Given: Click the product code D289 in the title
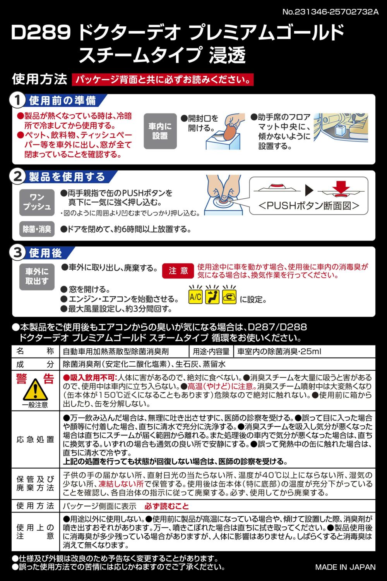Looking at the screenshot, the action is pyautogui.click(x=41, y=33).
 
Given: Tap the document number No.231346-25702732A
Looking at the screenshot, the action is pyautogui.click(x=330, y=12).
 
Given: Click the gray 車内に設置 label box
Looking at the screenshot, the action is pyautogui.click(x=160, y=131).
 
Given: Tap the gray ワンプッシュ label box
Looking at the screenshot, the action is pyautogui.click(x=37, y=202).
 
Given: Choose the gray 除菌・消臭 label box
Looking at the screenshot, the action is pyautogui.click(x=37, y=229).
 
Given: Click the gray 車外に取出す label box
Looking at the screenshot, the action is pyautogui.click(x=37, y=277).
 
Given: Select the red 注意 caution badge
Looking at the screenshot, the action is pyautogui.click(x=178, y=271).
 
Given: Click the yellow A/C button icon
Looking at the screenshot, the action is pyautogui.click(x=195, y=296).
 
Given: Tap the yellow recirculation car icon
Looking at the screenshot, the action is pyautogui.click(x=229, y=296).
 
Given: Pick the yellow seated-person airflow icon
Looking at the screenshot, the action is pyautogui.click(x=212, y=296).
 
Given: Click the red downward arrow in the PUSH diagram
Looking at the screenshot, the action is pyautogui.click(x=341, y=187).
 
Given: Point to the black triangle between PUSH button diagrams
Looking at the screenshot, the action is pyautogui.click(x=309, y=191).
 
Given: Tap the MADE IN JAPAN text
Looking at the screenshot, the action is pyautogui.click(x=345, y=567).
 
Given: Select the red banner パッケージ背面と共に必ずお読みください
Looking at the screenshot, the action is pyautogui.click(x=163, y=79).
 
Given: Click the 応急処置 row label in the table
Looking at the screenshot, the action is pyautogui.click(x=35, y=439).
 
